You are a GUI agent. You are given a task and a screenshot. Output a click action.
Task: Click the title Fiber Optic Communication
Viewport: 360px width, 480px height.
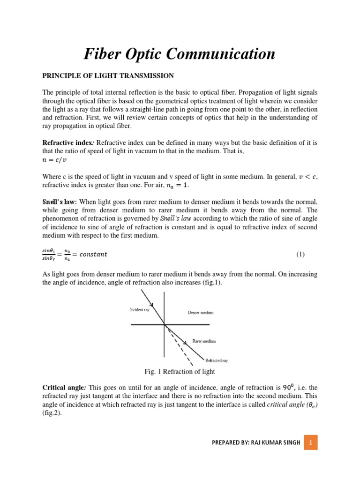pos(180,54)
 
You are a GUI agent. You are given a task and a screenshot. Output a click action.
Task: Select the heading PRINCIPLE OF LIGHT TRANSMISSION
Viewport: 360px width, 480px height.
pos(108,75)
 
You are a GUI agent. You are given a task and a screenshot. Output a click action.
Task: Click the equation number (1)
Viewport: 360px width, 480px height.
pos(300,255)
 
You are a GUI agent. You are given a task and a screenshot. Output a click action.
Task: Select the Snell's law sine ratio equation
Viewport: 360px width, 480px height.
pos(75,255)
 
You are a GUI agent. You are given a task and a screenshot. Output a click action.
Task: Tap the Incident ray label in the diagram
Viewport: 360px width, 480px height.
pos(140,310)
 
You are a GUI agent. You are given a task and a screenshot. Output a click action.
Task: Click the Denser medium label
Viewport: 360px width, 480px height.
pos(200,313)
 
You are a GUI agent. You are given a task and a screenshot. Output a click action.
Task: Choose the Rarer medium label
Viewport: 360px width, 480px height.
pos(204,341)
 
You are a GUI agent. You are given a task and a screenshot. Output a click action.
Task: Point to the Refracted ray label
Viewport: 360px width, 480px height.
pos(217,360)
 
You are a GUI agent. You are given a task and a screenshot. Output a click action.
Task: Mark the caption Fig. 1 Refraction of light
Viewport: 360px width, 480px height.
pos(180,372)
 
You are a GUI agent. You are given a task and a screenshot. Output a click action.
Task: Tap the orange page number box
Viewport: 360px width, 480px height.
pos(311,442)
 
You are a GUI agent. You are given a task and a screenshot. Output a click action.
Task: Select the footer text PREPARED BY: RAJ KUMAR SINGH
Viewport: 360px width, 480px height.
pos(256,442)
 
